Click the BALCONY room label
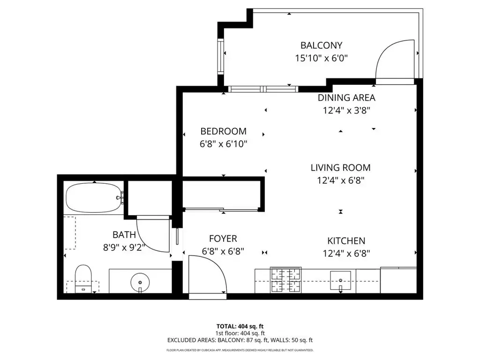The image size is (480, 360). [321, 45]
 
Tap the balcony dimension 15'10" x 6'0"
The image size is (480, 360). [322, 58]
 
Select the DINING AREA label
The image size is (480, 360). [346, 97]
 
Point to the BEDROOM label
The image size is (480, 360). [224, 131]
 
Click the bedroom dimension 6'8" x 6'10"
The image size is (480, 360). [224, 144]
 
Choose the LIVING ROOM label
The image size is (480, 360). [340, 168]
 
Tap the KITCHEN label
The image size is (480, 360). [346, 241]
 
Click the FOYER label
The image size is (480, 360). [223, 239]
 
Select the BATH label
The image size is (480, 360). [124, 235]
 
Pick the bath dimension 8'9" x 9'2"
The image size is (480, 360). [124, 247]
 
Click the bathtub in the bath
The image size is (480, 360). [95, 197]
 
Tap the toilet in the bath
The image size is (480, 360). [83, 278]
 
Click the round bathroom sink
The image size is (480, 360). [140, 283]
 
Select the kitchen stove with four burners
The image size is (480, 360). [285, 280]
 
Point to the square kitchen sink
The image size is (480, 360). [340, 280]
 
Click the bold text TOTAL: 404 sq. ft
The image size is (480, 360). [240, 326]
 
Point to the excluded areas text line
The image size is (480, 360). [240, 340]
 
